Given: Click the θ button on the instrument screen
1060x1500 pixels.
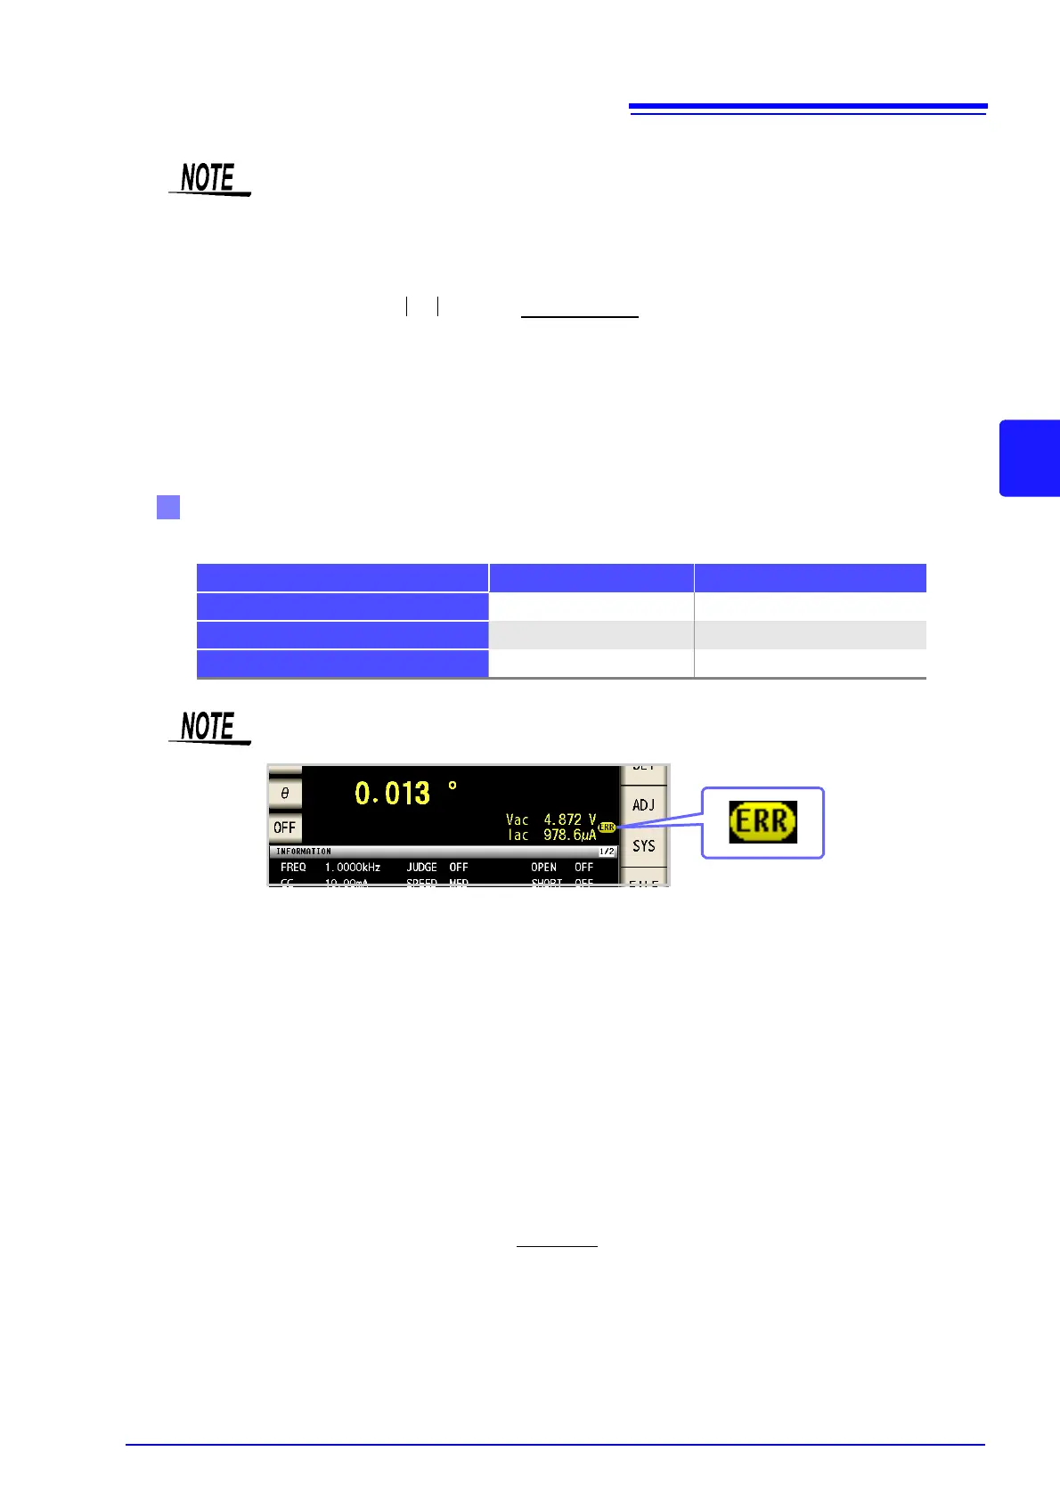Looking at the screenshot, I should tap(285, 793).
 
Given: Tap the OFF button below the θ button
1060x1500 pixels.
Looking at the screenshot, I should tap(285, 827).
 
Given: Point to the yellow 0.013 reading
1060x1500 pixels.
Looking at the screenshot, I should tap(392, 793).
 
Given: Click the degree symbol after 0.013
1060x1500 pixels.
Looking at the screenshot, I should tap(453, 787).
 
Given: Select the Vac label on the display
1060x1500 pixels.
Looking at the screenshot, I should tap(518, 819).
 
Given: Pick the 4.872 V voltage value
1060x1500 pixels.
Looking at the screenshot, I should tap(569, 819).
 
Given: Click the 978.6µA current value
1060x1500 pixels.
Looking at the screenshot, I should tap(569, 836).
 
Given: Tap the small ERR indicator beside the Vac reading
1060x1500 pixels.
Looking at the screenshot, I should tap(607, 827).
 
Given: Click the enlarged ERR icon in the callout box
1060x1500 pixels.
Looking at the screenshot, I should tap(762, 821).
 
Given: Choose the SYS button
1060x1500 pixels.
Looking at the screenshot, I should tap(643, 846).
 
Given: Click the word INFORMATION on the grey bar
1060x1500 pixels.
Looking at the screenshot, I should tap(303, 852).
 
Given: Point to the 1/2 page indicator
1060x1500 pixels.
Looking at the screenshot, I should tap(607, 852).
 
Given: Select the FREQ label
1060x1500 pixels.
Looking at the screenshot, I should tap(293, 867).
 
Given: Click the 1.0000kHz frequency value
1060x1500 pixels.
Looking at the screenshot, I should tap(353, 867).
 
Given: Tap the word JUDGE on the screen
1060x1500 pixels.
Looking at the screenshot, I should tap(422, 867).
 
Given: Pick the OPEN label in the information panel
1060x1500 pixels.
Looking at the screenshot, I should tap(543, 867).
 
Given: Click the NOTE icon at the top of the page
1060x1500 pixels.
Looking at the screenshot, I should tap(209, 178).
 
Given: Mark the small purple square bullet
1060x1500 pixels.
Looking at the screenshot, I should tap(168, 507).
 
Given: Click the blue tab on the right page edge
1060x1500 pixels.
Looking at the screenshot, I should tap(1031, 458).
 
